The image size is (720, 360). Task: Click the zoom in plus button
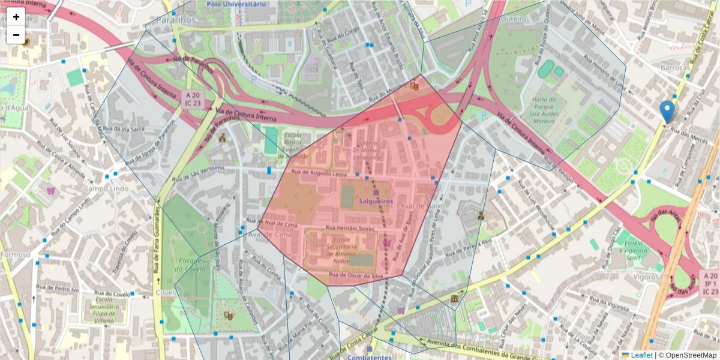pos(16,17)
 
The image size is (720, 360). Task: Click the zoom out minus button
pos(16,35)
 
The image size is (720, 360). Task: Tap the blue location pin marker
pos(667,110)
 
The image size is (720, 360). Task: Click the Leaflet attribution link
pos(641,355)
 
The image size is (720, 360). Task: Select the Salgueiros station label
pos(376,202)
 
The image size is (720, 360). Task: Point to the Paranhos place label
pos(175,20)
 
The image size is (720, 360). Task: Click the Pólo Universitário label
pos(236,4)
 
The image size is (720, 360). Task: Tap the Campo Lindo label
pos(106,188)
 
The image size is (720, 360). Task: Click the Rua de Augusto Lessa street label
pos(319,173)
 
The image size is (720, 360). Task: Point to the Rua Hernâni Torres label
pos(350,229)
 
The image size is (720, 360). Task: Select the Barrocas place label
pos(675,68)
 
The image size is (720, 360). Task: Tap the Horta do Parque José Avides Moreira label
pos(542,112)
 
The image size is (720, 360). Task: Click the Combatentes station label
pos(369,357)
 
